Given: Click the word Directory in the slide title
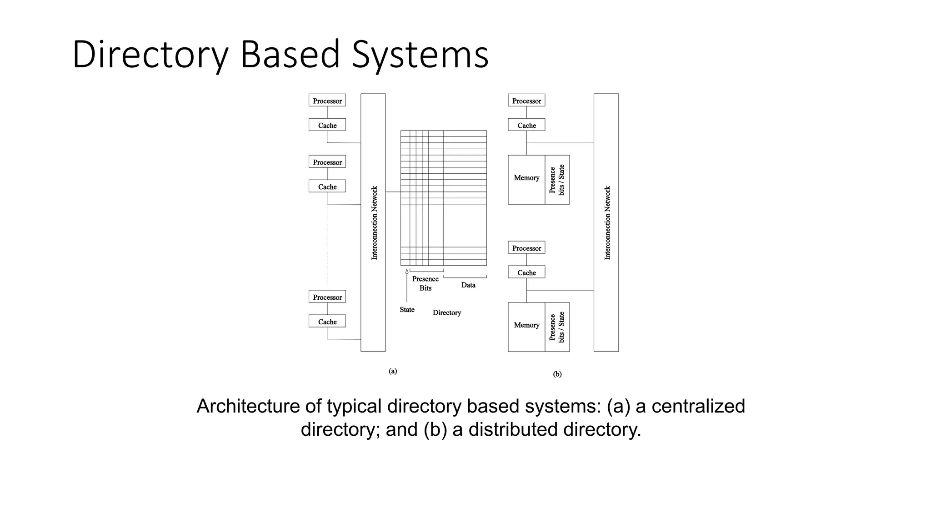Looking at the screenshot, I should (150, 55).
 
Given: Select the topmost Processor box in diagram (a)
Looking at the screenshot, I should (327, 101).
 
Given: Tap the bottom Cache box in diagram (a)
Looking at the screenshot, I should (327, 321).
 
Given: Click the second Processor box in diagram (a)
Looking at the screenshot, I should (327, 162).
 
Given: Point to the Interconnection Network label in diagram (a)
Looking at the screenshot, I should (374, 223).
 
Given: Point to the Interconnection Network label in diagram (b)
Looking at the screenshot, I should (607, 223).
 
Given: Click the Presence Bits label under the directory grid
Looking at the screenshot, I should (425, 283).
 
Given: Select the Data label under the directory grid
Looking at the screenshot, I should (468, 285).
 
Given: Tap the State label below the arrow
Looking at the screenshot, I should (407, 309).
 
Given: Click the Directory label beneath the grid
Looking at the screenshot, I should (446, 312).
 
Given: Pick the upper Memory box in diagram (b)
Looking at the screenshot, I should (526, 178).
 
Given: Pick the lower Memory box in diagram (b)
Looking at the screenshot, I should (526, 325).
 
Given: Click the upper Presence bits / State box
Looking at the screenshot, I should (557, 180).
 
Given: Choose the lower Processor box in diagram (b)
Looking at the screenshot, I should (526, 248).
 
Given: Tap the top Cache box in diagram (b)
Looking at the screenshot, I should (526, 125).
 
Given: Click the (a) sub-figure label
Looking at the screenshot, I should (393, 371).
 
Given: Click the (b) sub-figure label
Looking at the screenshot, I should (557, 374).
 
